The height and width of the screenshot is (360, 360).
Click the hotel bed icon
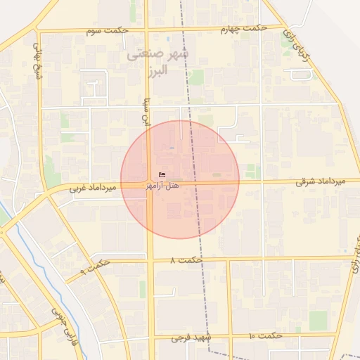pos(163,175)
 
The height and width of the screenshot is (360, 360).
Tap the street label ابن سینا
pos(148,110)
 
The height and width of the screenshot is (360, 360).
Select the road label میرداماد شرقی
pos(321,181)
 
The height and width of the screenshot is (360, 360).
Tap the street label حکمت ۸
pos(186,261)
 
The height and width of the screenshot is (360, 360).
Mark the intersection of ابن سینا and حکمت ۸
pos(150,261)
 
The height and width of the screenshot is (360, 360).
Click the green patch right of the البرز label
pos(196,77)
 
